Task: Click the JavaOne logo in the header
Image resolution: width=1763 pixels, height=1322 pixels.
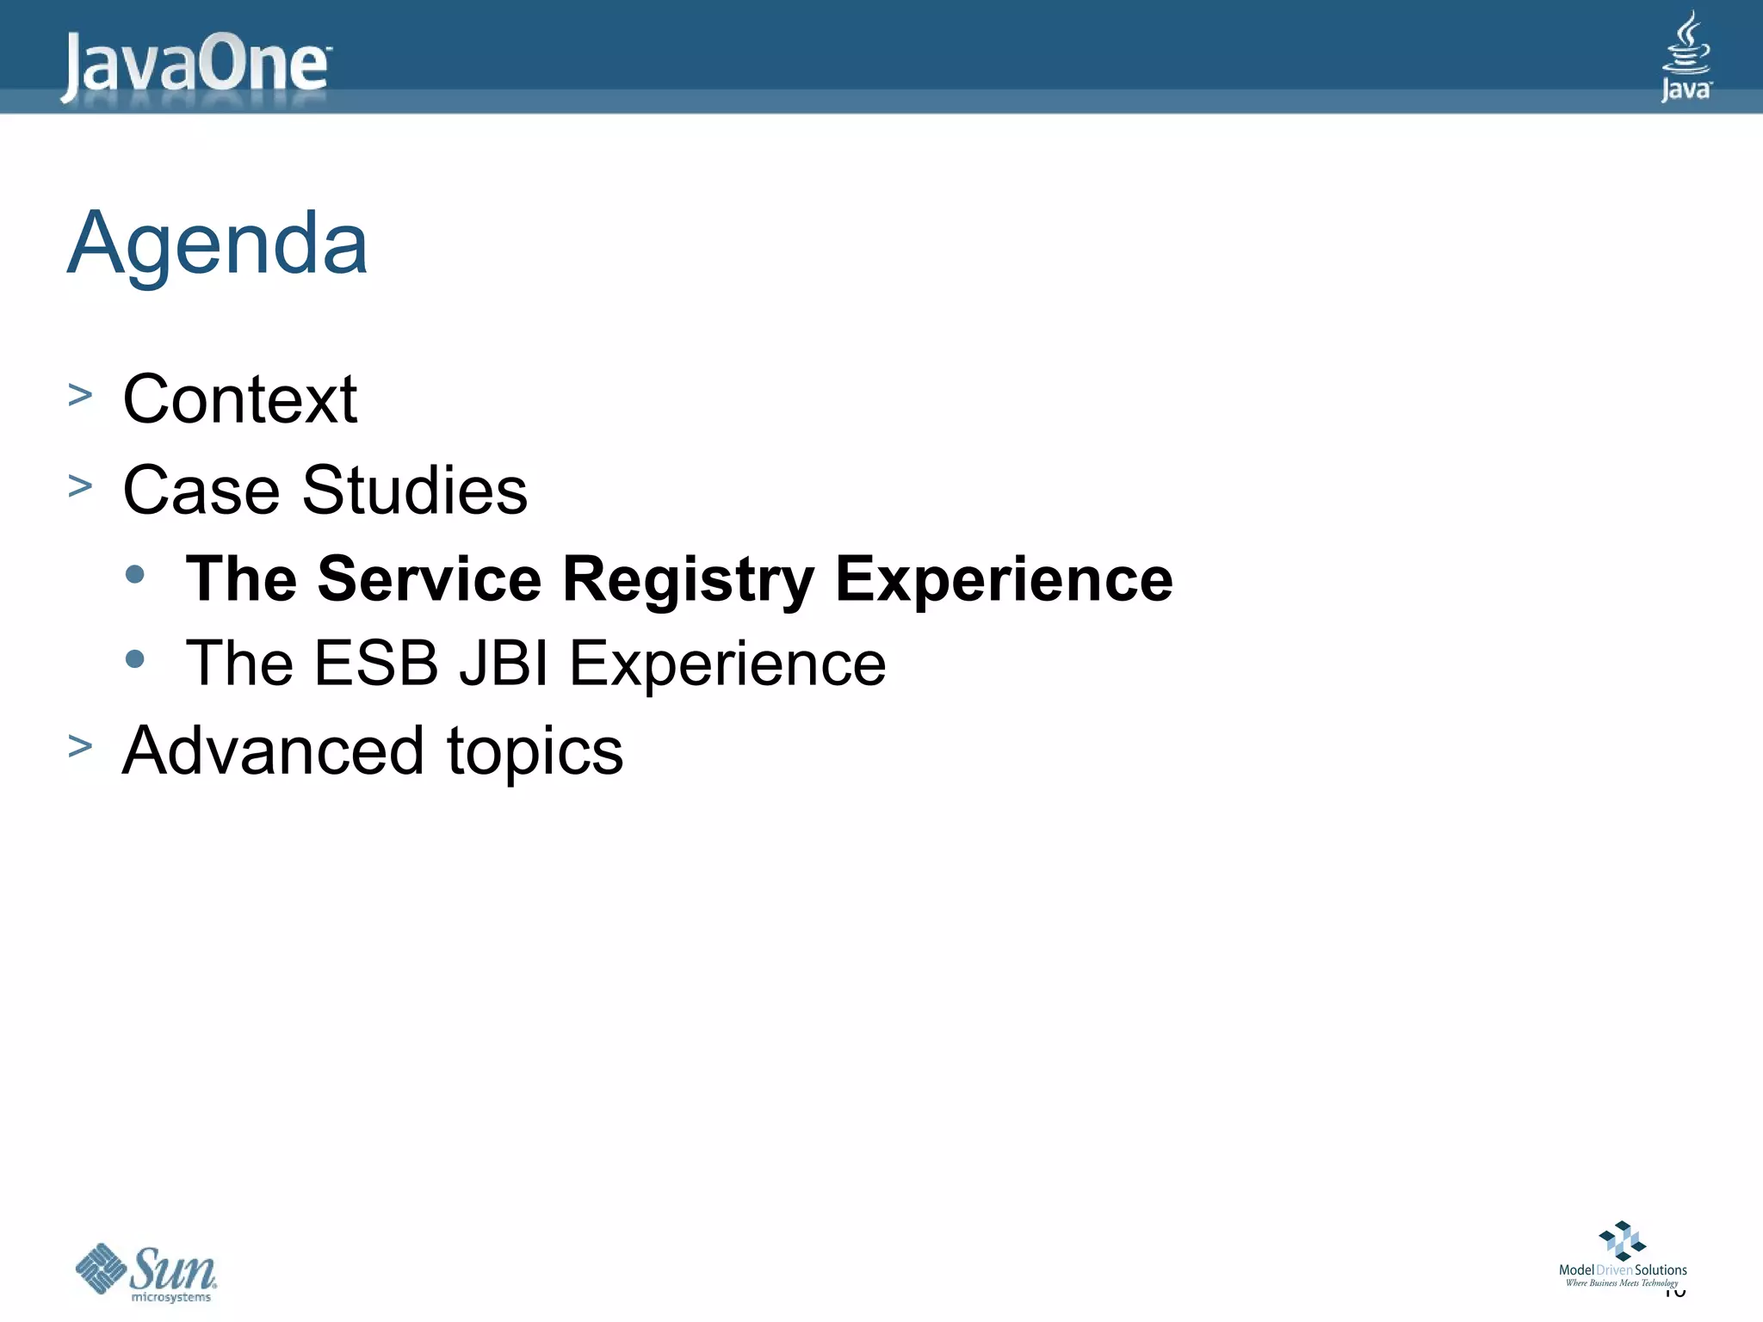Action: (x=195, y=65)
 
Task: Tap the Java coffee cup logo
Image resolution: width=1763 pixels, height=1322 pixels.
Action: (x=1686, y=56)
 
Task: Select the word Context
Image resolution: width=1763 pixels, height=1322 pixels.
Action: (x=239, y=399)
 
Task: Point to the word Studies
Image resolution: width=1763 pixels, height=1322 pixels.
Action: (x=414, y=490)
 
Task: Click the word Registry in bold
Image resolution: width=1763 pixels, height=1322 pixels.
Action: (x=688, y=579)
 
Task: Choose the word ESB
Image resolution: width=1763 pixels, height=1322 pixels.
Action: (x=375, y=664)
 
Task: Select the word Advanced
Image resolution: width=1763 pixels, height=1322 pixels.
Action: (x=273, y=751)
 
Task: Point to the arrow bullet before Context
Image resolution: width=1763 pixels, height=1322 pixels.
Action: (x=80, y=396)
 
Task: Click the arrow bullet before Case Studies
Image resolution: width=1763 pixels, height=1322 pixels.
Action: (x=80, y=486)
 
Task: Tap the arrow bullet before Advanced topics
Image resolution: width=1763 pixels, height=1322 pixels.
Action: (x=80, y=746)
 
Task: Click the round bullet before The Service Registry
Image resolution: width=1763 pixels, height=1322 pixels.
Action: (x=134, y=575)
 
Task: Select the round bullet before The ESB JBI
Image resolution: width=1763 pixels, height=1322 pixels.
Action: (x=134, y=659)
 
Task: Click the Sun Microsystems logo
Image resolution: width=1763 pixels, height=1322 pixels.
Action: (x=146, y=1272)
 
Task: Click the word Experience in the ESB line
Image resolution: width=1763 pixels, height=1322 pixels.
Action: (x=727, y=664)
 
